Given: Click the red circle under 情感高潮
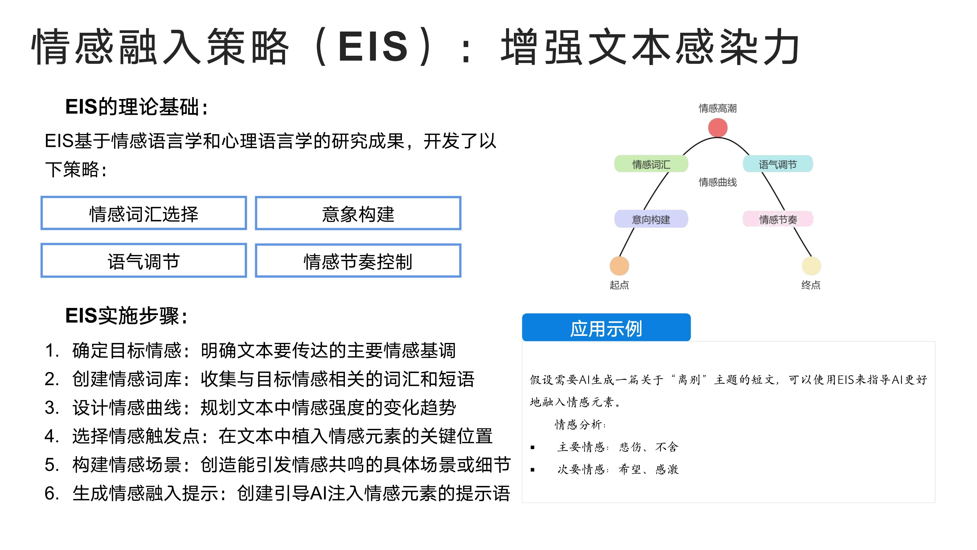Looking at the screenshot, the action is pos(718,128).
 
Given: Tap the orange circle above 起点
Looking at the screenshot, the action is pos(619,266).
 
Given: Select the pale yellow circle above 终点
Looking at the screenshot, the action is pos(811,266).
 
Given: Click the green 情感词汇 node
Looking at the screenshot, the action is pos(651,164).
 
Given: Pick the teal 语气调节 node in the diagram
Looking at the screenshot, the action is pos(777,164).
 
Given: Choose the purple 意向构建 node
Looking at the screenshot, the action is pos(651,219).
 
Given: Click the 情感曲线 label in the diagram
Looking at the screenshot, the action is pos(718,182).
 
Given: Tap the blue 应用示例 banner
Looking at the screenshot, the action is pos(606,328).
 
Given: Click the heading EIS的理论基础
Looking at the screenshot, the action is pos(137,107).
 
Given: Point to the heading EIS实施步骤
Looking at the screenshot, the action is pos(126,316).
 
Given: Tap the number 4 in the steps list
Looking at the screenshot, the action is pos(50,436).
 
